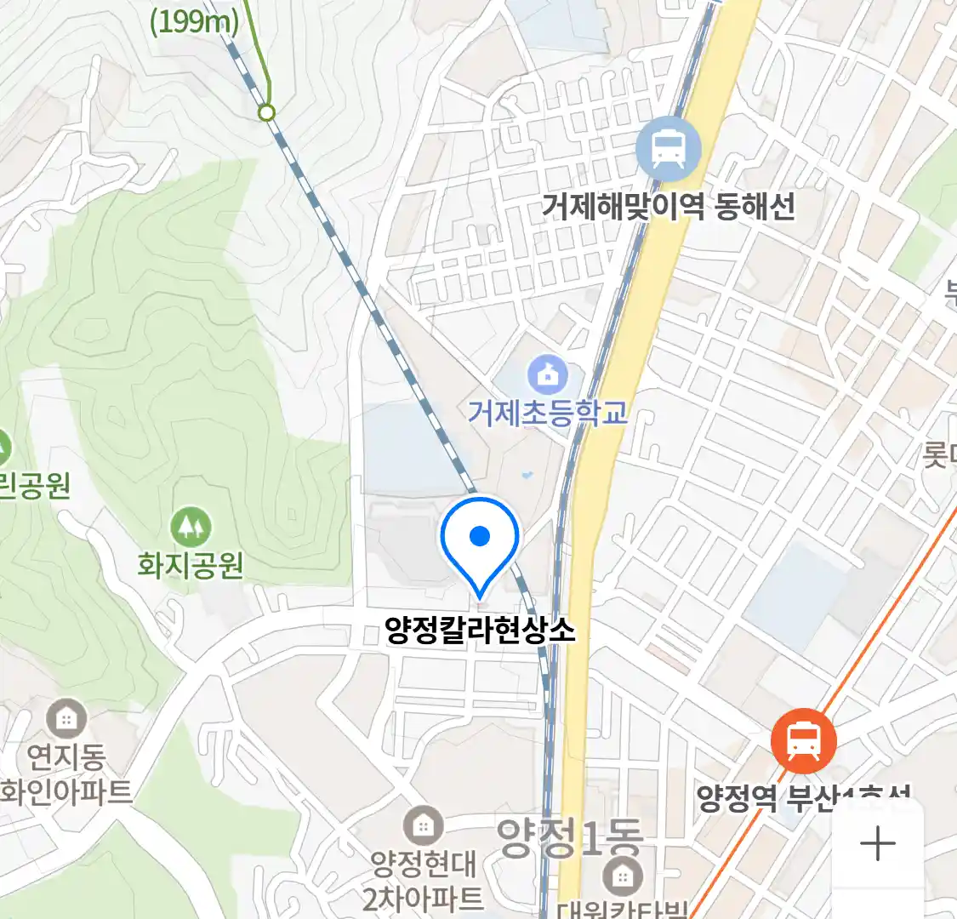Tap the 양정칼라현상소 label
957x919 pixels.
[x=480, y=630]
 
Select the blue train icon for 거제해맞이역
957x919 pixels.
[x=669, y=150]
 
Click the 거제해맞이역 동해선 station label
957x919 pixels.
[x=669, y=207]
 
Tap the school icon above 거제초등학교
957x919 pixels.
[x=548, y=374]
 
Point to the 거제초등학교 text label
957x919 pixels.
[x=548, y=412]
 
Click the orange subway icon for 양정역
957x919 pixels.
[x=803, y=741]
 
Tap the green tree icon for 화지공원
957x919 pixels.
[x=191, y=528]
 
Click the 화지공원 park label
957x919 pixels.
[x=191, y=565]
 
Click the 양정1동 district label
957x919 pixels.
[x=569, y=837]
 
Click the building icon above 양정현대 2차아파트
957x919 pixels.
[x=423, y=825]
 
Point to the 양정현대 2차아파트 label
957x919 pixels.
[x=423, y=881]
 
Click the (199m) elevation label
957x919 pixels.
[x=194, y=21]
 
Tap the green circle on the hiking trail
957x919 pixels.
[x=267, y=112]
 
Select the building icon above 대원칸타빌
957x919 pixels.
[x=623, y=875]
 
